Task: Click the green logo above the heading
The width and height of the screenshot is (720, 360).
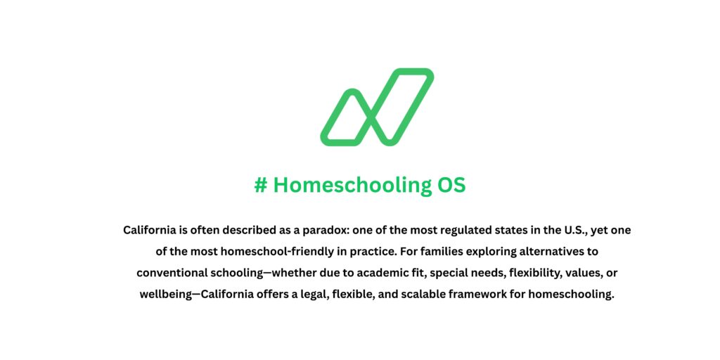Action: click(x=377, y=107)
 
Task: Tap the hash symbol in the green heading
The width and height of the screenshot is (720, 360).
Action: click(x=261, y=186)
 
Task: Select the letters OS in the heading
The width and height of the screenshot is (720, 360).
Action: click(x=451, y=186)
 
